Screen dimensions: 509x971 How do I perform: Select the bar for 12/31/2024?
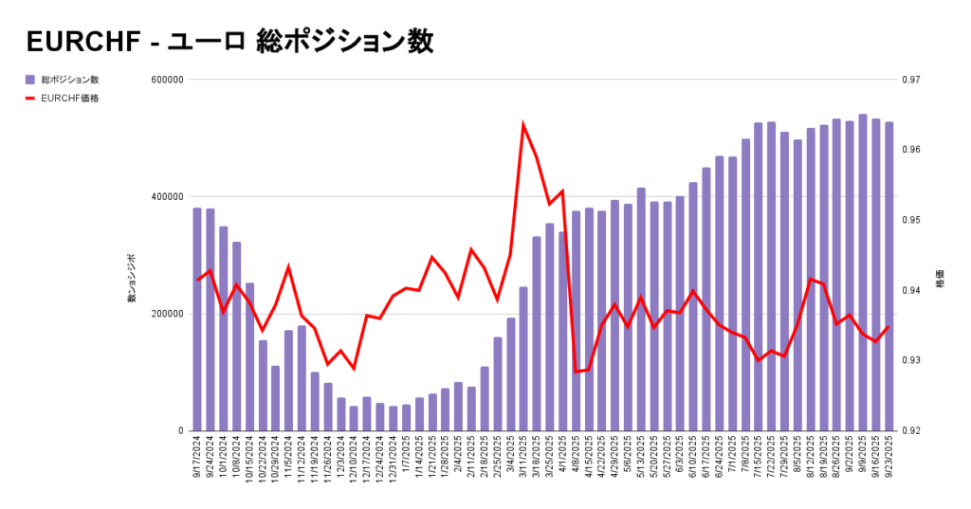coord(393,418)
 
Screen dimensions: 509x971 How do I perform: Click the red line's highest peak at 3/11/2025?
coord(523,124)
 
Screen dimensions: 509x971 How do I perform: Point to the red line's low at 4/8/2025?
coord(576,372)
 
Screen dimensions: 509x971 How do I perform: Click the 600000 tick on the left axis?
coord(166,80)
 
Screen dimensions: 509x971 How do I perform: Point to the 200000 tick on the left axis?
coord(166,314)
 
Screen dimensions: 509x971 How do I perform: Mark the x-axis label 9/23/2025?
coord(889,459)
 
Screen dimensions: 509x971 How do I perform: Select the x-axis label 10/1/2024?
coord(224,459)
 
